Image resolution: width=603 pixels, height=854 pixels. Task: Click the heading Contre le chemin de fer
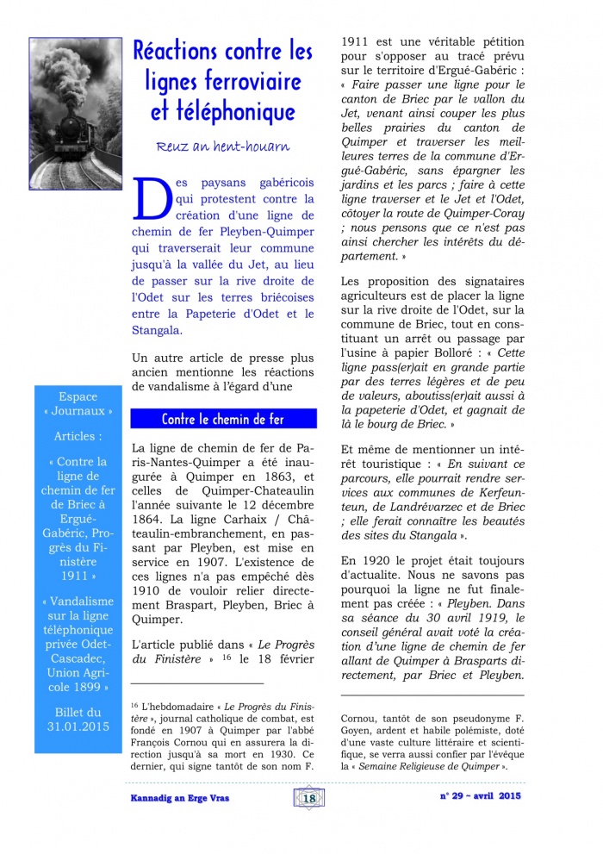coord(222,420)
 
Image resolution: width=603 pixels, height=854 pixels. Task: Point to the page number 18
coord(308,798)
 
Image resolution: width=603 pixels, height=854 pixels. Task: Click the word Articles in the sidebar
coord(78,437)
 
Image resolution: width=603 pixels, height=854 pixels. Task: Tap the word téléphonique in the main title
coord(224,112)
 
